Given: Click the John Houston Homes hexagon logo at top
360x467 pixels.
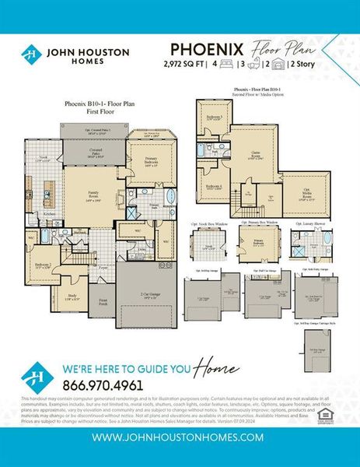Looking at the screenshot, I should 31,55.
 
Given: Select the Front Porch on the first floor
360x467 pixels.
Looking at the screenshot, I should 102,302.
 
